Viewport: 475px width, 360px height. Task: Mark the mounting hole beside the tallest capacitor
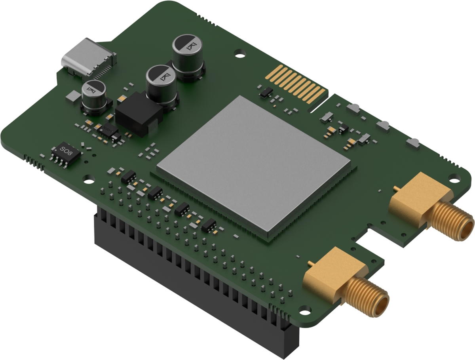tap(240, 53)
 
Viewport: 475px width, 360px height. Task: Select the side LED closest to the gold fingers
tap(353, 108)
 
